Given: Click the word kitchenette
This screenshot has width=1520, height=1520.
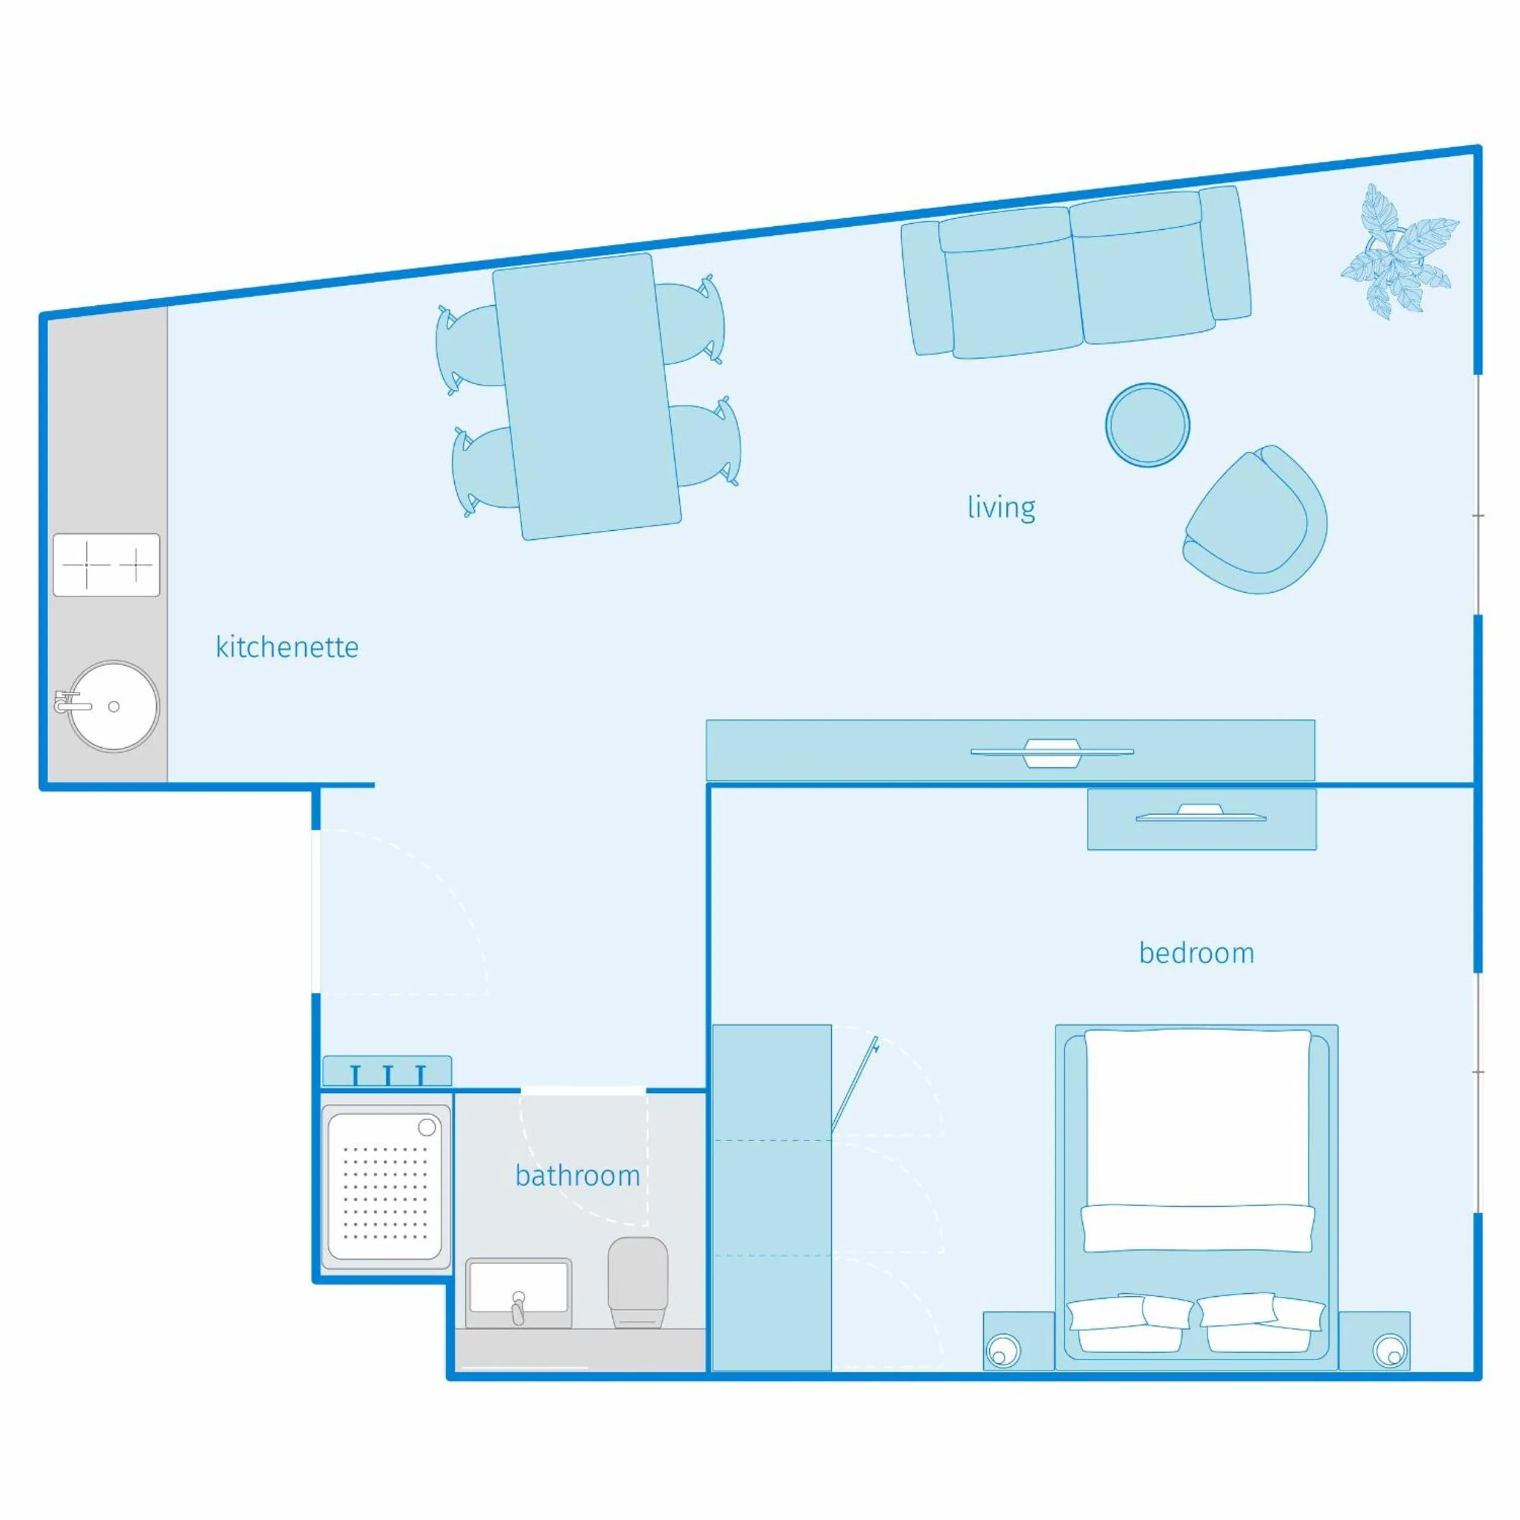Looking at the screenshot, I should pos(287,647).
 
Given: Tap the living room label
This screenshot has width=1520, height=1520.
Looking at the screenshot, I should pos(1001,507).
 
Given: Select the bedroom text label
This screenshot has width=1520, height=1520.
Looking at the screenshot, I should pos(1196,954).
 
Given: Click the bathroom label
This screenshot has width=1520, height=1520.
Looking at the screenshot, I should pos(577,1176).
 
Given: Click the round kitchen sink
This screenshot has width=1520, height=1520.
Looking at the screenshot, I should pos(113,705).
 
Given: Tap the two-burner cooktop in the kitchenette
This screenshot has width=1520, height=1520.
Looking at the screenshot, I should pos(106,565).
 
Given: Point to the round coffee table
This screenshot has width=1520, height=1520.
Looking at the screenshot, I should pos(1147,425).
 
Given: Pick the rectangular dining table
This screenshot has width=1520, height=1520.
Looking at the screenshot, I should pos(586,396).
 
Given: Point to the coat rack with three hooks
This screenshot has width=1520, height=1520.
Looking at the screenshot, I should pos(387,1071).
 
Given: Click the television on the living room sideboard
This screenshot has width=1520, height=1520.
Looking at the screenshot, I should pos(1052,751).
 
